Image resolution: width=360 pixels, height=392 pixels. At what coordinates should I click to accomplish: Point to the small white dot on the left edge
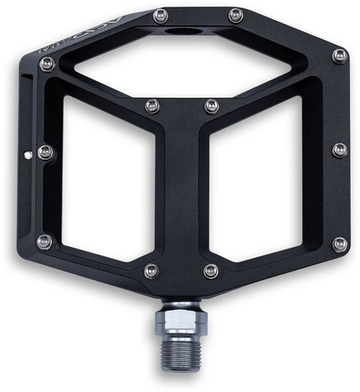click(28, 154)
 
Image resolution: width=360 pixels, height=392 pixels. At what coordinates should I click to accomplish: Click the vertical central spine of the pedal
click(179, 193)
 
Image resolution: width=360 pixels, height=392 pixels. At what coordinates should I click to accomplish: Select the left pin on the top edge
click(161, 15)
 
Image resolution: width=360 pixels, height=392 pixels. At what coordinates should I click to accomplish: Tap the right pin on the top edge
click(235, 15)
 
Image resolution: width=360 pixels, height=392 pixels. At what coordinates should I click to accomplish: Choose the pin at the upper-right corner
click(339, 56)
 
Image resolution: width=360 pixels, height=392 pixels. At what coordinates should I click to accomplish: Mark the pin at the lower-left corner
click(44, 242)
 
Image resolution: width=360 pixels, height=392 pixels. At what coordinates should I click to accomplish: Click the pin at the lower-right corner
click(340, 244)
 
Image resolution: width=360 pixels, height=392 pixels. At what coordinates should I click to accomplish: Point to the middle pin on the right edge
click(339, 150)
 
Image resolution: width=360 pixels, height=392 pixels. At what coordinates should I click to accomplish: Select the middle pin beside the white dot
click(45, 152)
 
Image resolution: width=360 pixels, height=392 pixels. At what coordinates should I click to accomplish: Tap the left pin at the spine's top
click(152, 106)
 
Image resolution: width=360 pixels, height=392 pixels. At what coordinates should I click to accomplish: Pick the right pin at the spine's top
click(211, 106)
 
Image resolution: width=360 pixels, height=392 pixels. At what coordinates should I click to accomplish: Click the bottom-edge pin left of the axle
click(151, 271)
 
